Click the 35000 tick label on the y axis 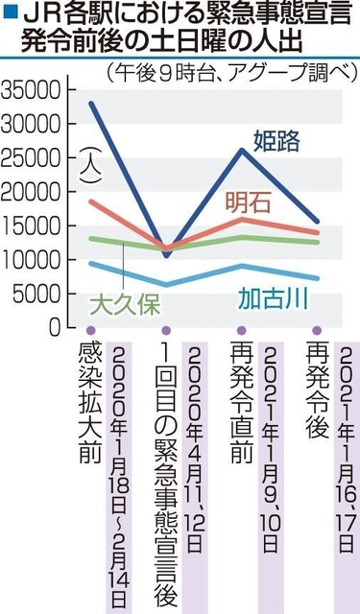click(x=33, y=91)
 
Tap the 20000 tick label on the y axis click(x=33, y=192)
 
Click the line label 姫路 click(x=276, y=141)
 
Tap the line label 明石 click(x=249, y=202)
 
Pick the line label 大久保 click(x=124, y=305)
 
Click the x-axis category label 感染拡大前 click(x=90, y=403)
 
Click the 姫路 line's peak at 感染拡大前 click(x=92, y=103)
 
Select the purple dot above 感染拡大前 click(x=91, y=333)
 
